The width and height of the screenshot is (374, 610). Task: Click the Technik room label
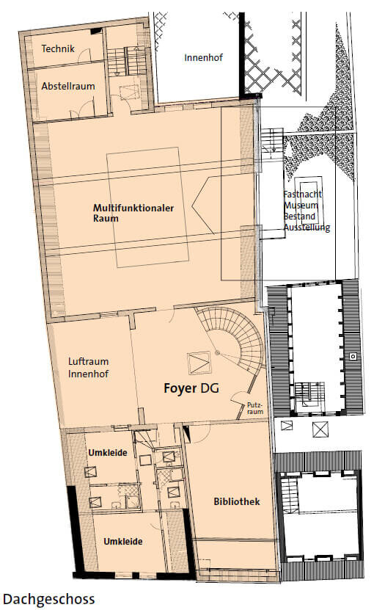[58, 48]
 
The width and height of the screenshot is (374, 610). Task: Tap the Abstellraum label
[68, 86]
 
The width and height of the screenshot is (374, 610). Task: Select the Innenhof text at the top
[203, 57]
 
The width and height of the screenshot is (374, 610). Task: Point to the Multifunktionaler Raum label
[133, 213]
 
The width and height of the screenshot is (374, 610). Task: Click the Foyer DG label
[191, 388]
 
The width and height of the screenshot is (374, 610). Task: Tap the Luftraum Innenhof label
[88, 367]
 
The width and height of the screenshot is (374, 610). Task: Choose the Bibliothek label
[237, 501]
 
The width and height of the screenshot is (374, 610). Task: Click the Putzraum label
[255, 408]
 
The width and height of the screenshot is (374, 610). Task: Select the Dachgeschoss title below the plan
[48, 599]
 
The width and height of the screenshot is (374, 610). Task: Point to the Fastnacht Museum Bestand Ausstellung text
[307, 211]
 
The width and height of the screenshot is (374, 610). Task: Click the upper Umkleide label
[108, 453]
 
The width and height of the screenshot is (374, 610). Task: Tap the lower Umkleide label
[123, 541]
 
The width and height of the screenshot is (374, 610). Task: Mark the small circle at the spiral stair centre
[218, 353]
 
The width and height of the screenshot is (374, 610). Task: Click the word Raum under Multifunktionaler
[106, 218]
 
